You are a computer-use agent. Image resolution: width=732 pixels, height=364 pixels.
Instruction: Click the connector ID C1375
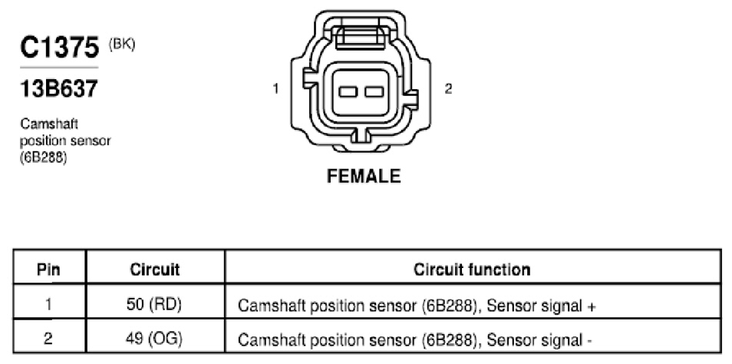click(60, 48)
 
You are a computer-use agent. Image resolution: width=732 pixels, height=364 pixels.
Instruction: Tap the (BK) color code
click(122, 45)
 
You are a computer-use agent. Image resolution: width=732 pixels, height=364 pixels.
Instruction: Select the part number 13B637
click(59, 89)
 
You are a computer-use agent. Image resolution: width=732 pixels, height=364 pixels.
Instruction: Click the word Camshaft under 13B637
click(49, 124)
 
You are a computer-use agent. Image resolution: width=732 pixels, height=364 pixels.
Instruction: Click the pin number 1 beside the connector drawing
click(276, 88)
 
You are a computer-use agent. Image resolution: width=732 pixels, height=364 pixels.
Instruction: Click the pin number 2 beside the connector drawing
click(448, 88)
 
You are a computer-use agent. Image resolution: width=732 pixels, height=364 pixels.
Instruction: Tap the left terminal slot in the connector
click(348, 91)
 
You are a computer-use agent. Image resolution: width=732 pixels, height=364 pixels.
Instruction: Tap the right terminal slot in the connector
click(374, 91)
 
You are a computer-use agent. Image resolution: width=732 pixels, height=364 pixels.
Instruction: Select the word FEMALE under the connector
click(364, 176)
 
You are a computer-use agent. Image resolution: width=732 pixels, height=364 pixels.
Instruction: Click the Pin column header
click(49, 269)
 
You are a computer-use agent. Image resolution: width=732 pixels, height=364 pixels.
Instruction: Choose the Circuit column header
click(154, 269)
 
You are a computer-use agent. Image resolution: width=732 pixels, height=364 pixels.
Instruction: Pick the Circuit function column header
click(472, 269)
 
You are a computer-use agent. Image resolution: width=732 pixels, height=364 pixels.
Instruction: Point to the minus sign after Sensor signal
click(589, 341)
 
